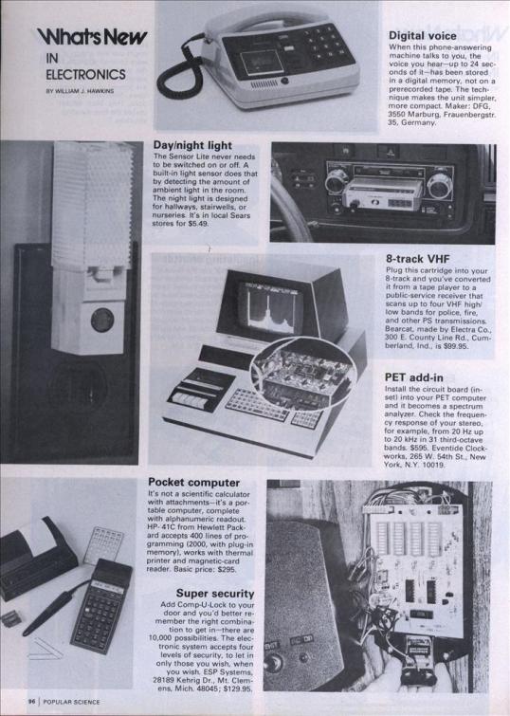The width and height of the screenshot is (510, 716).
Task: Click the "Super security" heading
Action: tap(215, 593)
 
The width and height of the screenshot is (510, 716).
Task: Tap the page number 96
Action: tap(31, 703)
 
